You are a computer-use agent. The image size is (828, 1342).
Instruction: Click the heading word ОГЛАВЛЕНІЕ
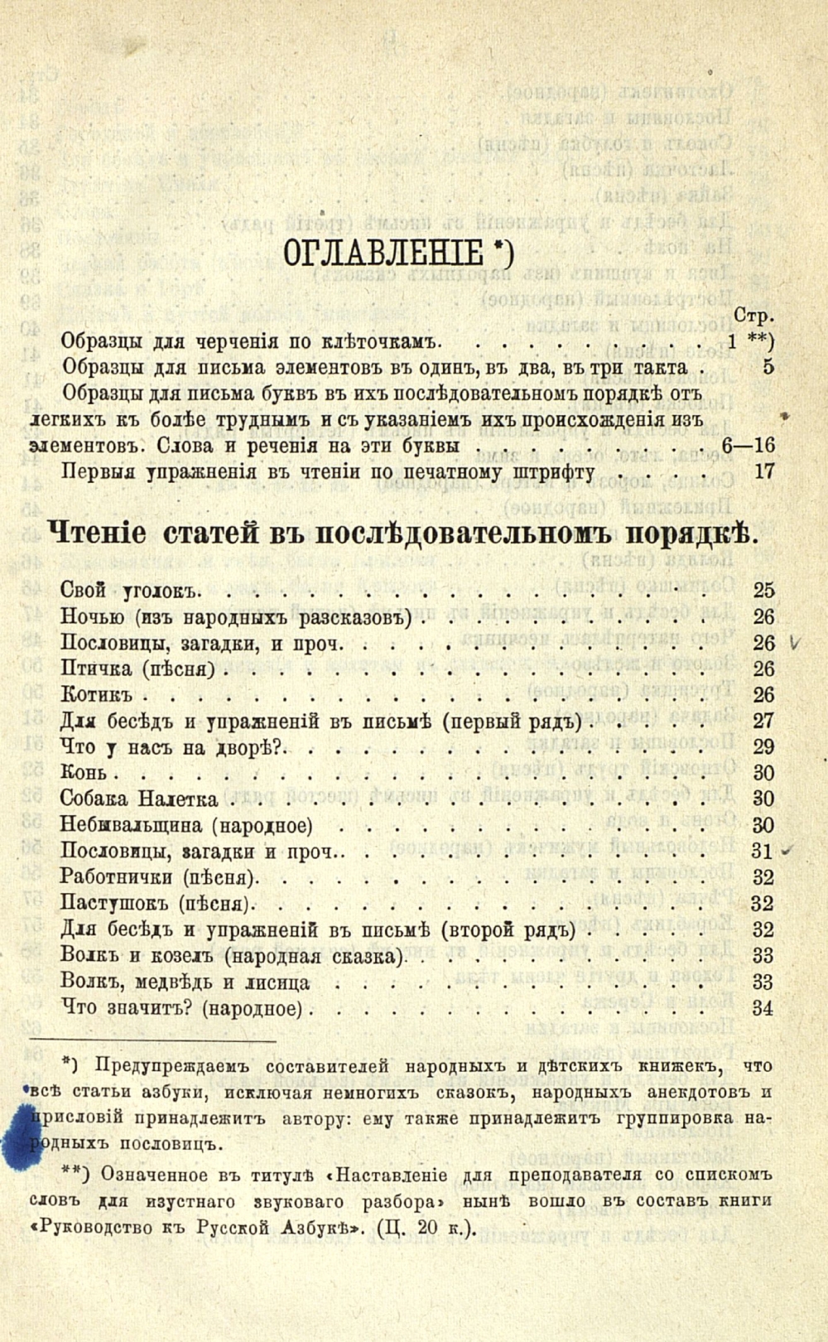(x=383, y=253)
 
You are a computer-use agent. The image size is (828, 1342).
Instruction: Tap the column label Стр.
(x=753, y=316)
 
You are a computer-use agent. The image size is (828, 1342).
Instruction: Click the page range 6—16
(x=747, y=446)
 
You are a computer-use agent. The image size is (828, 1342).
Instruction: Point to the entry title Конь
(x=84, y=773)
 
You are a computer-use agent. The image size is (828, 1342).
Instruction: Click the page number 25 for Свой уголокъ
(x=763, y=591)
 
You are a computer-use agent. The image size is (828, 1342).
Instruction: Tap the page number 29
(x=763, y=746)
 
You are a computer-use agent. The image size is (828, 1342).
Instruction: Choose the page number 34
(x=763, y=1008)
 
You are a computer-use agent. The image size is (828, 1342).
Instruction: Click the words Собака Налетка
(x=139, y=799)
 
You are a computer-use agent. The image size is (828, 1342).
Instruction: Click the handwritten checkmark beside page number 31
(x=787, y=851)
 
